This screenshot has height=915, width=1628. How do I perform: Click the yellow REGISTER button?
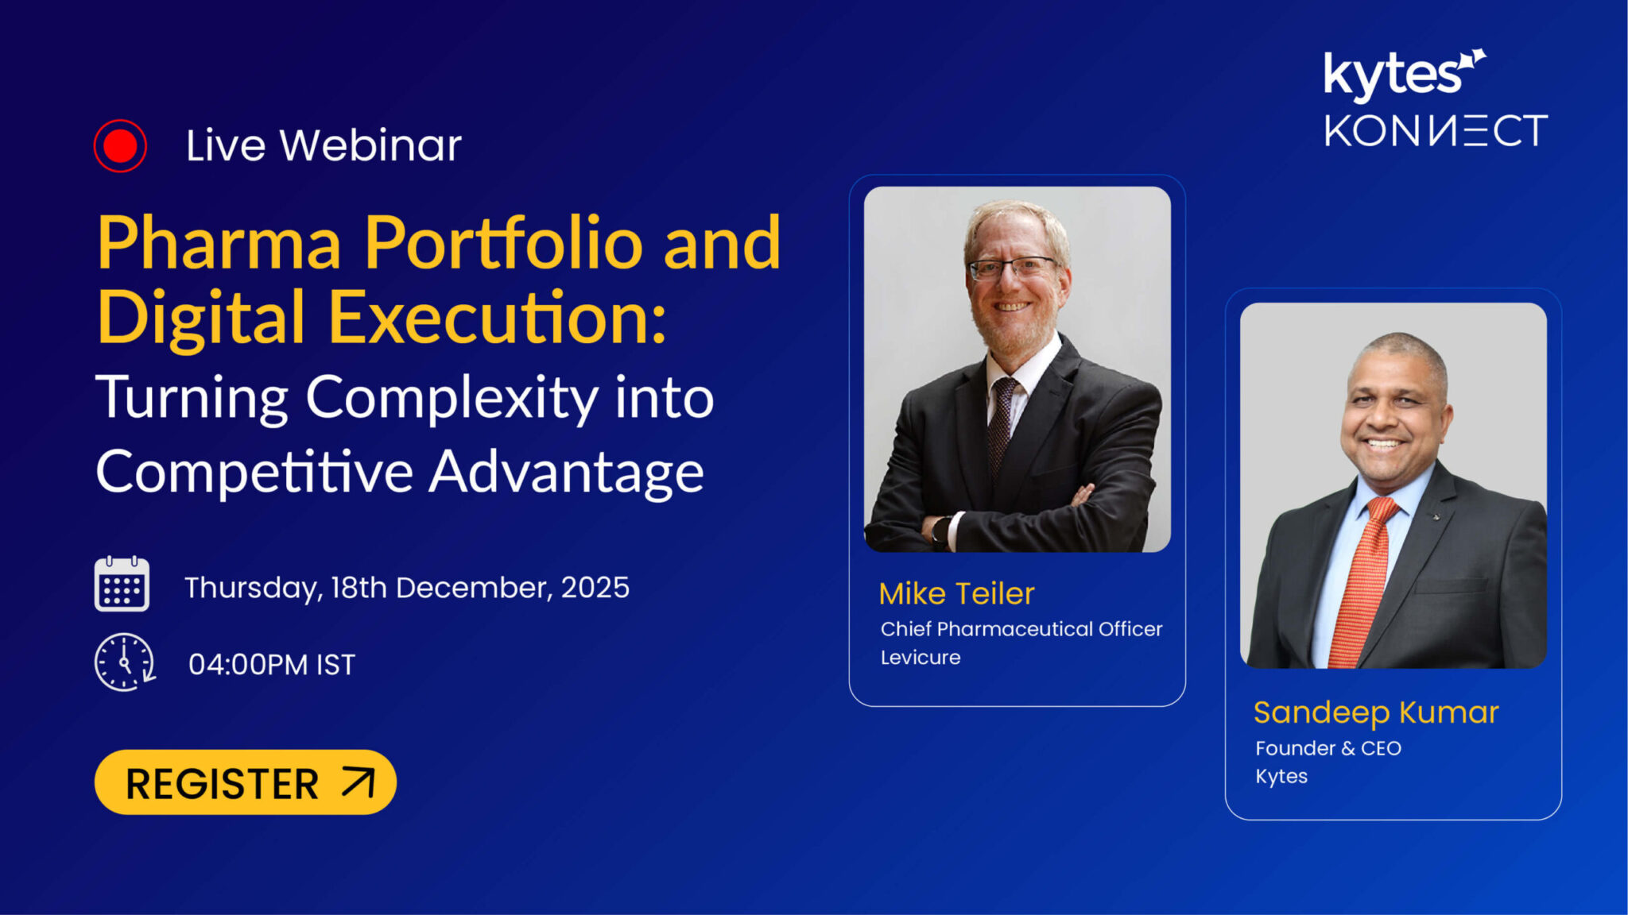click(245, 782)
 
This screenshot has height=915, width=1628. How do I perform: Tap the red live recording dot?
click(120, 145)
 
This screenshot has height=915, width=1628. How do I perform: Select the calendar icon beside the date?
click(122, 585)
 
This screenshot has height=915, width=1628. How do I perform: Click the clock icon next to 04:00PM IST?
click(124, 662)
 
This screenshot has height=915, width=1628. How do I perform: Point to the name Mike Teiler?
click(956, 594)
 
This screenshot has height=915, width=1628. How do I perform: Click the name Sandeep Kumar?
click(1376, 712)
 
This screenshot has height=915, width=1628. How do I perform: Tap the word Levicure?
click(921, 658)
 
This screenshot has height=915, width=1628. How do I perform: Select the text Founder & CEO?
click(1328, 748)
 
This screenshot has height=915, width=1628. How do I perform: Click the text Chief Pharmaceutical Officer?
click(1021, 629)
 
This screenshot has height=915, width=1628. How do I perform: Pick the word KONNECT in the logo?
click(1436, 131)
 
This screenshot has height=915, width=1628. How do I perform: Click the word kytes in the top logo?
click(1393, 76)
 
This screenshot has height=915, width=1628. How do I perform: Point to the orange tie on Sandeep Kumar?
click(1366, 580)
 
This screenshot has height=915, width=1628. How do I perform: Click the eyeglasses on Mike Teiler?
click(1013, 268)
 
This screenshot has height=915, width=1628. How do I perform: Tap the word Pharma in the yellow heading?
click(219, 244)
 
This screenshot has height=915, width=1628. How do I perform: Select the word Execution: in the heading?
click(497, 318)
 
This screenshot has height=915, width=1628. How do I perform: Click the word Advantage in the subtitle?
click(566, 472)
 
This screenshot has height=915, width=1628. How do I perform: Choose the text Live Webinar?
click(324, 146)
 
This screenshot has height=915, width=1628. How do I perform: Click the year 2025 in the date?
click(595, 588)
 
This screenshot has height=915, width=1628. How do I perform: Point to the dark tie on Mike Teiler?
click(1002, 421)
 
